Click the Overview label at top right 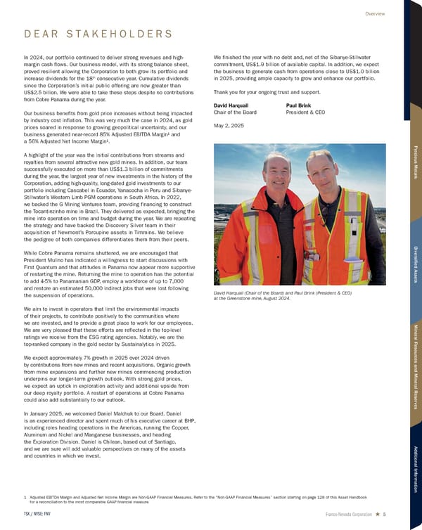pos(375,13)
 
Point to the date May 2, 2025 pos(228,127)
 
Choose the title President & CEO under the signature pos(307,112)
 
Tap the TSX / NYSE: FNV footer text pos(37,514)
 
